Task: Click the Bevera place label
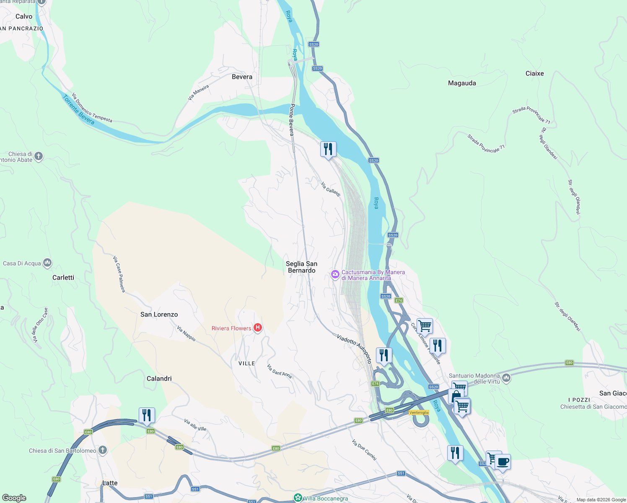point(242,77)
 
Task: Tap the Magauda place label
point(462,83)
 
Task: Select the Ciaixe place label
point(534,73)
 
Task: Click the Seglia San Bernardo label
point(301,267)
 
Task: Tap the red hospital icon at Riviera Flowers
point(258,328)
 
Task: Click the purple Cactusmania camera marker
point(335,275)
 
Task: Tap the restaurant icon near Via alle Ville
point(147,415)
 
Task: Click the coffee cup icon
point(503,462)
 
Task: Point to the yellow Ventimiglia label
point(419,412)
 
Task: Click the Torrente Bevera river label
point(78,110)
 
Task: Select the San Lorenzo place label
point(159,314)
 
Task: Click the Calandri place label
point(159,379)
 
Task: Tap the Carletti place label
point(63,277)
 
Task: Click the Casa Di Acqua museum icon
point(47,263)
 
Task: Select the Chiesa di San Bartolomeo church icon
point(103,451)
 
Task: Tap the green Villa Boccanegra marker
point(298,498)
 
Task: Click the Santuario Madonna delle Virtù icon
point(506,378)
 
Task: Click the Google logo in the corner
point(14,498)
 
